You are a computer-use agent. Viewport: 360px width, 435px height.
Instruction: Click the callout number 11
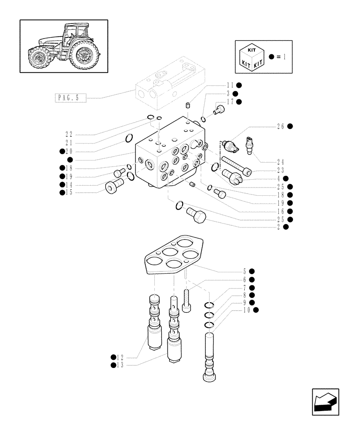pos(230,85)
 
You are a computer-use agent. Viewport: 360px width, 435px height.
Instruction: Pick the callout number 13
pos(120,365)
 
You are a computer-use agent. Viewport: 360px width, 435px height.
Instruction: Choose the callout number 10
pos(248,310)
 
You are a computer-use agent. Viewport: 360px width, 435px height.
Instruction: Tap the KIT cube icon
pos(251,57)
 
